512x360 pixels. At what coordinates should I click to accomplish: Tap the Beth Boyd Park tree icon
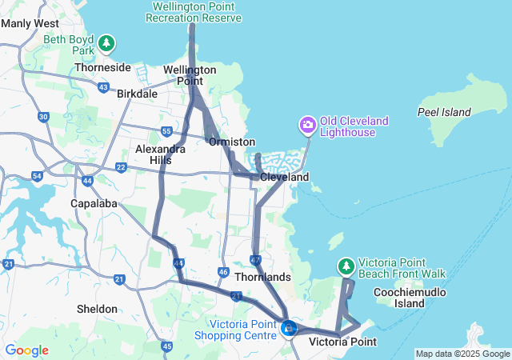click(x=107, y=43)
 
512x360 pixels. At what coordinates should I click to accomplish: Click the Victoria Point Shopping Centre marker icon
click(x=289, y=327)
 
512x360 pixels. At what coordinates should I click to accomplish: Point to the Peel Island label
click(x=444, y=112)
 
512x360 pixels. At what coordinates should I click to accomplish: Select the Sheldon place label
click(x=97, y=309)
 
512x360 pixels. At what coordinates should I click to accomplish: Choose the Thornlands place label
click(x=262, y=277)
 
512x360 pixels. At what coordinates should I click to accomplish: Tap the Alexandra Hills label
click(x=161, y=154)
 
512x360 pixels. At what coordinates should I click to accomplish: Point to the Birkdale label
click(x=137, y=94)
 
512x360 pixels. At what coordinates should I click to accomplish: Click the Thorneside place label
click(x=102, y=68)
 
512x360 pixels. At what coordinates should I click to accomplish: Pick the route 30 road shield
click(x=43, y=117)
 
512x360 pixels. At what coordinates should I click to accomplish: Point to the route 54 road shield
click(x=37, y=175)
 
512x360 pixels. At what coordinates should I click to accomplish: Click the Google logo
click(x=27, y=350)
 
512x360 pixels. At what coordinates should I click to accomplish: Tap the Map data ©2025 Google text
click(x=462, y=354)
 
